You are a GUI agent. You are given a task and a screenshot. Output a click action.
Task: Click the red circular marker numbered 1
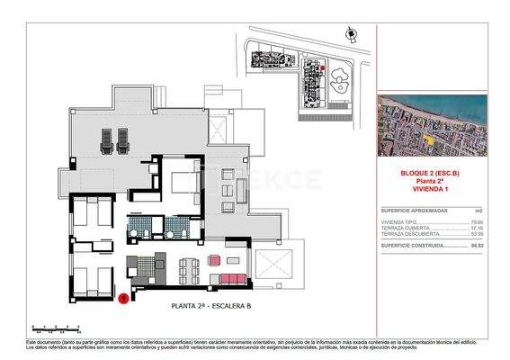pyautogui.click(x=123, y=298)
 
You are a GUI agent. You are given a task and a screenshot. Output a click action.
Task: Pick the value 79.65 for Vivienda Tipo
pyautogui.click(x=477, y=220)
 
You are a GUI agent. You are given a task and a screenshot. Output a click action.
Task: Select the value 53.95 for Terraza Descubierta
pyautogui.click(x=477, y=234)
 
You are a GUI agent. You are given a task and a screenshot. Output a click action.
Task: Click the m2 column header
pyautogui.click(x=479, y=210)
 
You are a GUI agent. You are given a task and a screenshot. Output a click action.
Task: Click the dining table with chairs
pyautogui.click(x=188, y=267)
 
